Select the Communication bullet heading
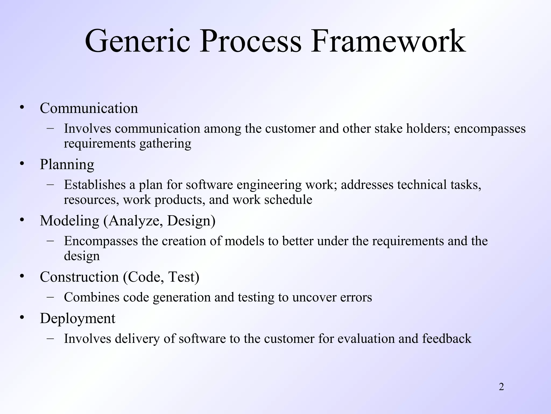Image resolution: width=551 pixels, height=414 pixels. [x=89, y=108]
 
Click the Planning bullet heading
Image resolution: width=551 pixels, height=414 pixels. [x=67, y=164]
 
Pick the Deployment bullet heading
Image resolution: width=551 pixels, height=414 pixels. [x=77, y=318]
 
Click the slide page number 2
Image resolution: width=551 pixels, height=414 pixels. [x=501, y=387]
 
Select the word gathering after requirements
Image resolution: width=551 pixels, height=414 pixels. [x=165, y=143]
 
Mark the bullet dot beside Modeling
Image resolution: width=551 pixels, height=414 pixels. [x=22, y=220]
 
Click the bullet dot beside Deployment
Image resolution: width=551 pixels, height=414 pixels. [x=22, y=318]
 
